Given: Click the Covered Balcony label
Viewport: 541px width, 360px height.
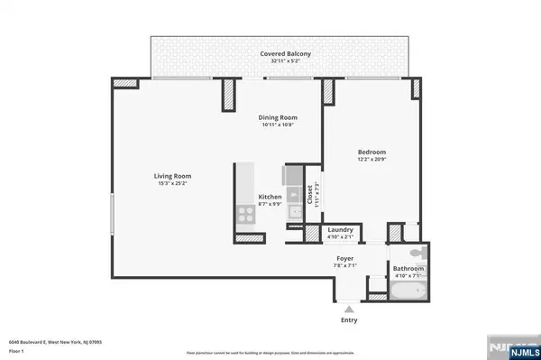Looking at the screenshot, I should pos(286,54).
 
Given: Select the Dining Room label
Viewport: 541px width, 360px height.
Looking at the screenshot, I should pos(278,117).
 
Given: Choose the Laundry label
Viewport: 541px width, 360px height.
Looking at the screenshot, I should pos(340,229).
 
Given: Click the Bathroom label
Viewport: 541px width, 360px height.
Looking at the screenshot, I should pos(408,268).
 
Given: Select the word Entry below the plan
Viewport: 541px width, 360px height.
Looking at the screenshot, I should pos(349,320).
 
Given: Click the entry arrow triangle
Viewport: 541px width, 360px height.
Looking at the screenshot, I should pos(349,309).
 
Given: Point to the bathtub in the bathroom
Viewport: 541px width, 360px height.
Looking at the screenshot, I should pos(409,293).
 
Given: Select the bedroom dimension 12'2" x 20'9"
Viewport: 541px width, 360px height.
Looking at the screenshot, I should pos(371,160).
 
